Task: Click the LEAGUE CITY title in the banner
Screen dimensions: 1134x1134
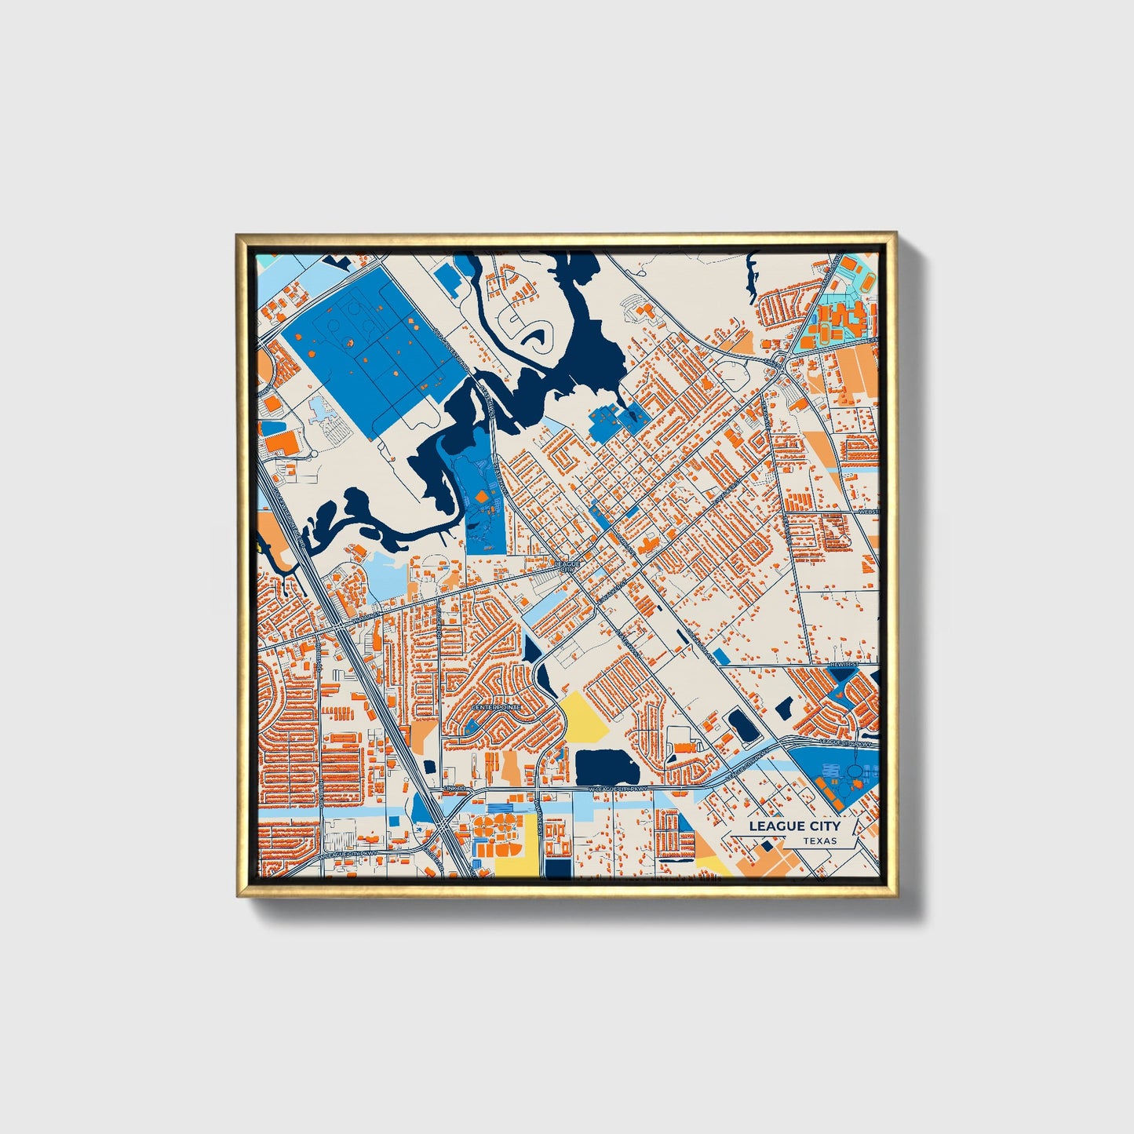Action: click(x=793, y=826)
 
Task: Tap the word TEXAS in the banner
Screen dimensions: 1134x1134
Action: click(x=819, y=840)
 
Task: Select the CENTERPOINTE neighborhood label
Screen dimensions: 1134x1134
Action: click(x=495, y=707)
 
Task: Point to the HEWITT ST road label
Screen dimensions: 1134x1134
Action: click(x=844, y=665)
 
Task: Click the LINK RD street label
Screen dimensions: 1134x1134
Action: click(x=454, y=787)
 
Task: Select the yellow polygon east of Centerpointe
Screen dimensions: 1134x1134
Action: click(x=584, y=716)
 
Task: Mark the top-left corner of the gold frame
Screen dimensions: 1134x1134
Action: click(x=238, y=235)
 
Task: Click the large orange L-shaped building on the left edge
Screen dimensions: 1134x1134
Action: click(x=283, y=442)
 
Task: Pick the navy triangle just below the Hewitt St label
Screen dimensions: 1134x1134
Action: click(x=843, y=674)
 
